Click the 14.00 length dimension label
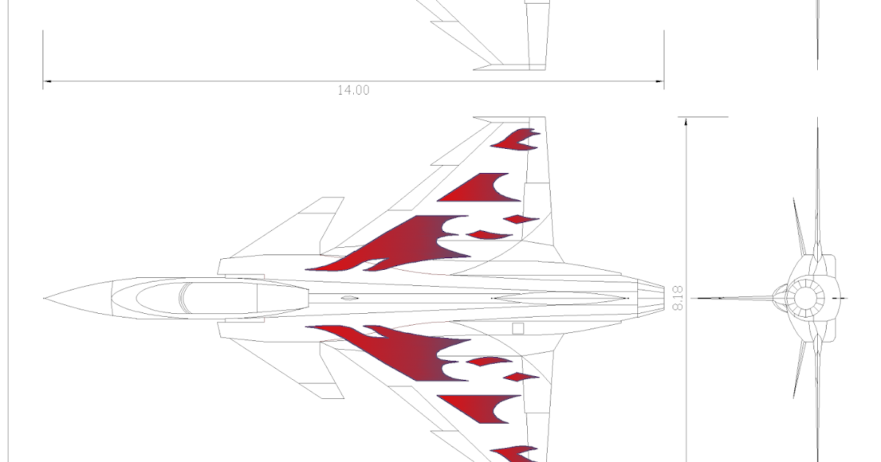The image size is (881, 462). coord(353,90)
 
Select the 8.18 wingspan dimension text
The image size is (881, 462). coord(678,298)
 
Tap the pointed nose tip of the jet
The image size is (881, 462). coord(46,298)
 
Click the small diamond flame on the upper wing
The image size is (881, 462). coord(521,219)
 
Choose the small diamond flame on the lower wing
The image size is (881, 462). coord(521,378)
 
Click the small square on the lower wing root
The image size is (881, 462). coord(518,329)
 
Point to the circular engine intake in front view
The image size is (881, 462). coord(805,298)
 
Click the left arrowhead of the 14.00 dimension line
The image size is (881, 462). coord(46,81)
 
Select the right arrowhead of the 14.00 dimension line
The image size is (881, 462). coord(661,81)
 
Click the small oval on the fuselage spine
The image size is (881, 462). coord(349,298)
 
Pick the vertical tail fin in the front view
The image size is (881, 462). coord(818,183)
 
